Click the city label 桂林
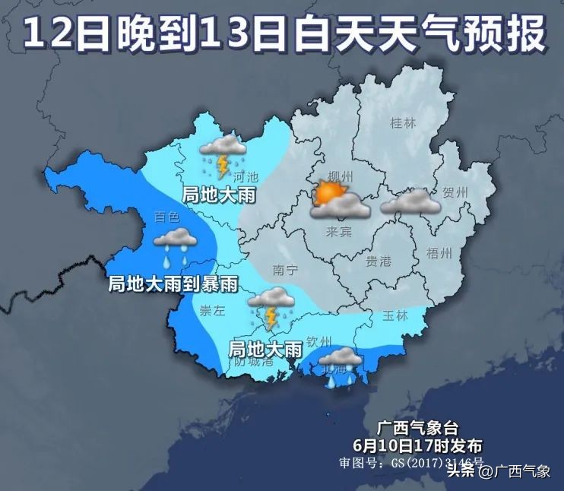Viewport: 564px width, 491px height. (401, 123)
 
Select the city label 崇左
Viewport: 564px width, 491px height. (212, 309)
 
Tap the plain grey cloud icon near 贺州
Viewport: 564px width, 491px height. (410, 202)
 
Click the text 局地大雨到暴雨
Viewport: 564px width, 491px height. (173, 285)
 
